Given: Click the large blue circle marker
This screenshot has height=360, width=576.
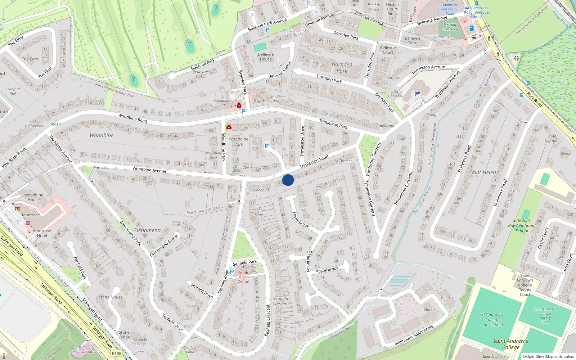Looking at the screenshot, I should point(288,180).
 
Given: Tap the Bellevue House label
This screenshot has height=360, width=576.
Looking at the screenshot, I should point(266,57).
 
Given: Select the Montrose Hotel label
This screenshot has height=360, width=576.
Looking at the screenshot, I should point(42,233).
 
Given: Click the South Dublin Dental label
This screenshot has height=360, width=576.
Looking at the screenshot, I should point(243,277).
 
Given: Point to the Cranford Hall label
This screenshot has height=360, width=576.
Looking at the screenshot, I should point(13,91).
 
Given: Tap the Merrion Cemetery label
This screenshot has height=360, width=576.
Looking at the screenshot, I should point(450,27).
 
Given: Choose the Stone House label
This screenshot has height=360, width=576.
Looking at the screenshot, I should point(111,297).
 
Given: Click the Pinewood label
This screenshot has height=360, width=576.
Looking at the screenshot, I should point(385,126).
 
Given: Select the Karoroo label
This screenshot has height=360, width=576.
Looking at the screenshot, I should point(393,77).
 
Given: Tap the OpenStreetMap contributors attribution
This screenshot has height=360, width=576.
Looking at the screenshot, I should point(548,356).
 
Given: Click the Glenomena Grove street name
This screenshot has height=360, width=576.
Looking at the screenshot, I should point(164,246).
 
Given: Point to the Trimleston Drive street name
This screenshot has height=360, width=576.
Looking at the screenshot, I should point(302,140).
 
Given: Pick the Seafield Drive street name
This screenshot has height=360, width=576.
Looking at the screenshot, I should point(202,291).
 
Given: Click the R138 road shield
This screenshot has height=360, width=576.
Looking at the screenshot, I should point(117,354).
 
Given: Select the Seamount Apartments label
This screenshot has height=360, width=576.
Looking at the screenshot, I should point(414,336).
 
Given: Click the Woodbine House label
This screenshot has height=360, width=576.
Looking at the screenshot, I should point(33,197).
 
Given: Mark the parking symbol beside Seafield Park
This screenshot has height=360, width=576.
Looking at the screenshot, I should point(232,272).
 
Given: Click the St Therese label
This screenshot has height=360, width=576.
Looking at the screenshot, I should point(343,161).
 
